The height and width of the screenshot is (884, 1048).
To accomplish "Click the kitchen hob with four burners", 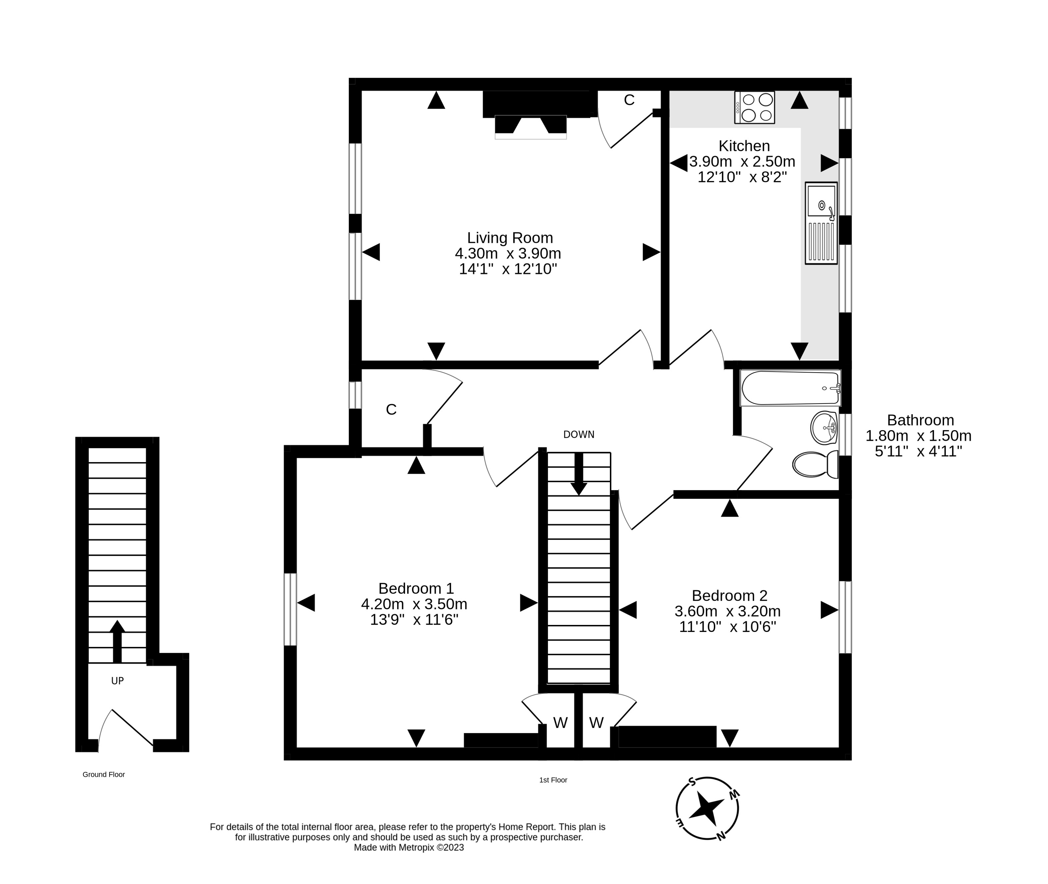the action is pos(754,107).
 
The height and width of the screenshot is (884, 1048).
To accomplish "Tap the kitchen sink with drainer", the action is pos(821,223).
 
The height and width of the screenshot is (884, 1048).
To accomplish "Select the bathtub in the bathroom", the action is pos(790,388).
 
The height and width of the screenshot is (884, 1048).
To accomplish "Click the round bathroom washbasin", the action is pos(824,428).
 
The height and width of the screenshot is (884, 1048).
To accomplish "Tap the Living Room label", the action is pos(510,237).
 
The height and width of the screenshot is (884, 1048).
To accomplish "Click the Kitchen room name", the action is pos(744,146).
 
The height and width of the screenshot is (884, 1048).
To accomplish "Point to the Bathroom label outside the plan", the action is pos(920,420).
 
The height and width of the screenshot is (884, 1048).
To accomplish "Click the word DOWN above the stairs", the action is pos(579,435).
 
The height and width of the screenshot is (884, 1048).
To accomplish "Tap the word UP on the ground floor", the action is pos(117,681).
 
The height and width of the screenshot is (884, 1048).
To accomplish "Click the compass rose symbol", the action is pos(707,808).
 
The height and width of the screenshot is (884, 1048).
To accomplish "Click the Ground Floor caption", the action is pos(104,774).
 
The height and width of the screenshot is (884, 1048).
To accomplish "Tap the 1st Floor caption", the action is pos(553,780).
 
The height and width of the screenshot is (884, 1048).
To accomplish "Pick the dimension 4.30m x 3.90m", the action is pos(508,253).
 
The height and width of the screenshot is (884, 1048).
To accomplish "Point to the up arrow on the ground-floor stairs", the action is pos(117,642).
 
